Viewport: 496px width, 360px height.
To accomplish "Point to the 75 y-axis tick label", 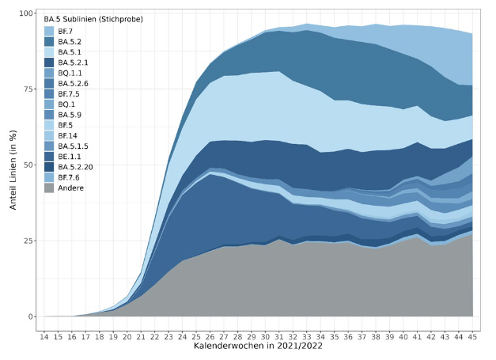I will click(26, 89).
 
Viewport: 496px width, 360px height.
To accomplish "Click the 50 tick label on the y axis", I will click(26, 165).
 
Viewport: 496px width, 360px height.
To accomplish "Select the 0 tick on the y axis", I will click(29, 316).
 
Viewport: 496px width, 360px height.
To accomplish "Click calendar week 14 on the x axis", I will click(44, 336).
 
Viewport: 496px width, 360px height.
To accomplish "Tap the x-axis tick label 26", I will click(211, 336).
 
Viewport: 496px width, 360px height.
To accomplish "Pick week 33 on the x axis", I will click(308, 336).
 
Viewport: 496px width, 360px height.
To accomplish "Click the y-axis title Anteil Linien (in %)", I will click(11, 165).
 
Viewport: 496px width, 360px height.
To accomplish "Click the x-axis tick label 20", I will click(128, 336).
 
